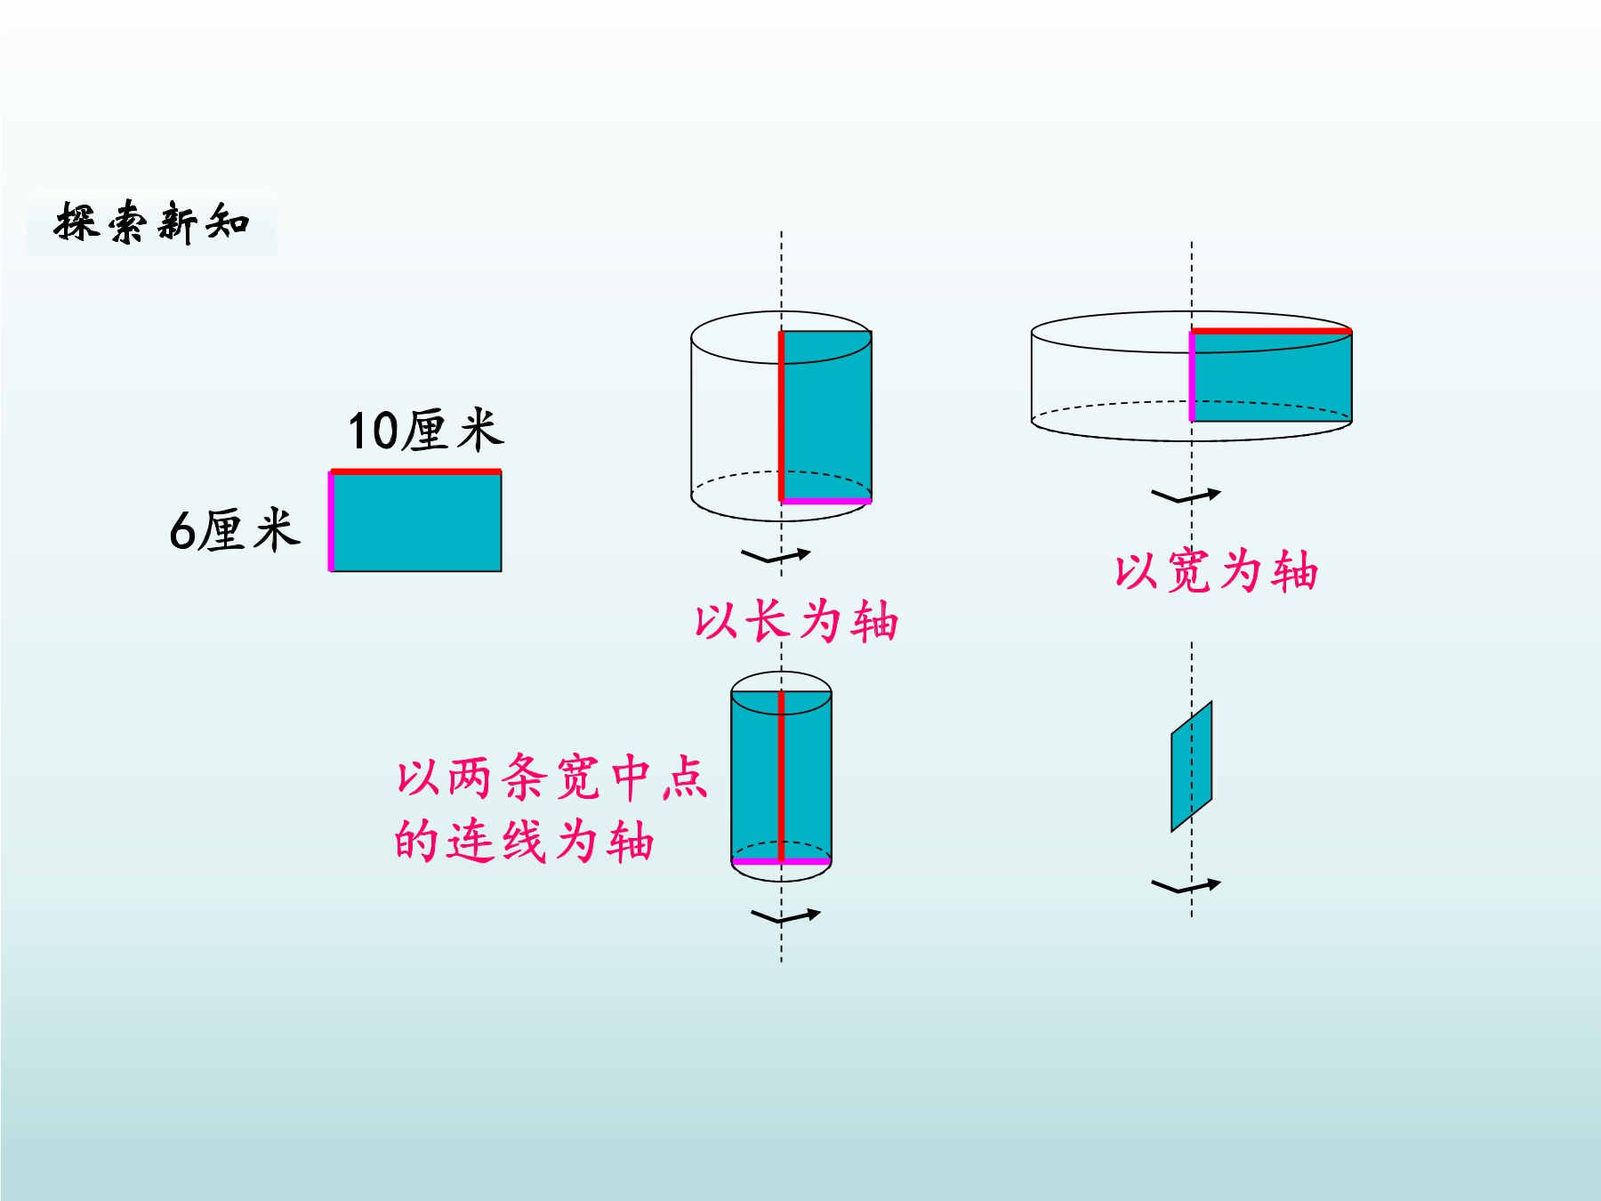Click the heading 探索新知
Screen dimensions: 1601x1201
(152, 222)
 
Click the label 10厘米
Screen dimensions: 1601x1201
(426, 431)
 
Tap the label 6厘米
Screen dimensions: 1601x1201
(235, 530)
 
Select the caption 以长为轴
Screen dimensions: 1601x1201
(797, 620)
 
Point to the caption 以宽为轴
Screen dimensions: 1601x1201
(1216, 570)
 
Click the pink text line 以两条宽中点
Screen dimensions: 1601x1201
(551, 777)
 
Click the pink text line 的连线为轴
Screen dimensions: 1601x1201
(525, 841)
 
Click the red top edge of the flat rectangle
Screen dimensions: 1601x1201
(415, 472)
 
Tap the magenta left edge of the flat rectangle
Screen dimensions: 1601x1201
(331, 521)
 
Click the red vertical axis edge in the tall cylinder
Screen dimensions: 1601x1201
(782, 416)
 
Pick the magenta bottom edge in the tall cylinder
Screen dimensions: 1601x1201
(826, 501)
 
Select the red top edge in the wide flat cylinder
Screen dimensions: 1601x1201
(1272, 331)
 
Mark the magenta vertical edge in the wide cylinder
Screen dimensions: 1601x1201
(1192, 376)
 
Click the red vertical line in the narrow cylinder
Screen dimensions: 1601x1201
(782, 777)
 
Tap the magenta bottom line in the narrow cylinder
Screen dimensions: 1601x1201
(782, 861)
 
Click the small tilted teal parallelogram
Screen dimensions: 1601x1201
(1192, 767)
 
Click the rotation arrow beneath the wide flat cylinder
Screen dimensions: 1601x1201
(1187, 496)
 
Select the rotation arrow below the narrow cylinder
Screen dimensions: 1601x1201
(785, 916)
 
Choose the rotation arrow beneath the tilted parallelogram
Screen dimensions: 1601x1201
(1187, 886)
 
